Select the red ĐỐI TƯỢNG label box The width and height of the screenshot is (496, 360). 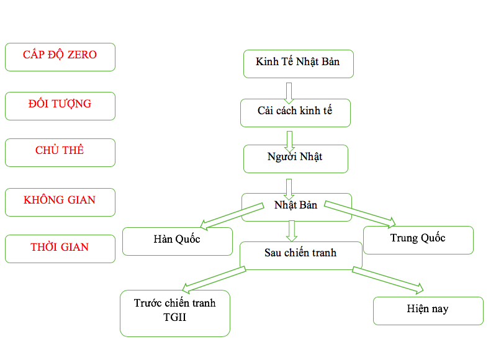coord(60,106)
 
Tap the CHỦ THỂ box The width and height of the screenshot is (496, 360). coord(60,152)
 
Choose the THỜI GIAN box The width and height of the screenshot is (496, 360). coord(60,248)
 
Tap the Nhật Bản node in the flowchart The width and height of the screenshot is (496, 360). coord(296,205)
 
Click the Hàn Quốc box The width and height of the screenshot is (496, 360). coord(177,241)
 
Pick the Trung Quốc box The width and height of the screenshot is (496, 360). coord(418,240)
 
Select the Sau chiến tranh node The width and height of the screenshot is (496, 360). coord(300,254)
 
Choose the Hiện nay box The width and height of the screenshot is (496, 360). coord(428,310)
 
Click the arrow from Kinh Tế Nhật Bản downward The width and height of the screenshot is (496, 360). coord(289,92)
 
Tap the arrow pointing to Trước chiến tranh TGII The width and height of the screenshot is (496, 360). coord(214,278)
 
